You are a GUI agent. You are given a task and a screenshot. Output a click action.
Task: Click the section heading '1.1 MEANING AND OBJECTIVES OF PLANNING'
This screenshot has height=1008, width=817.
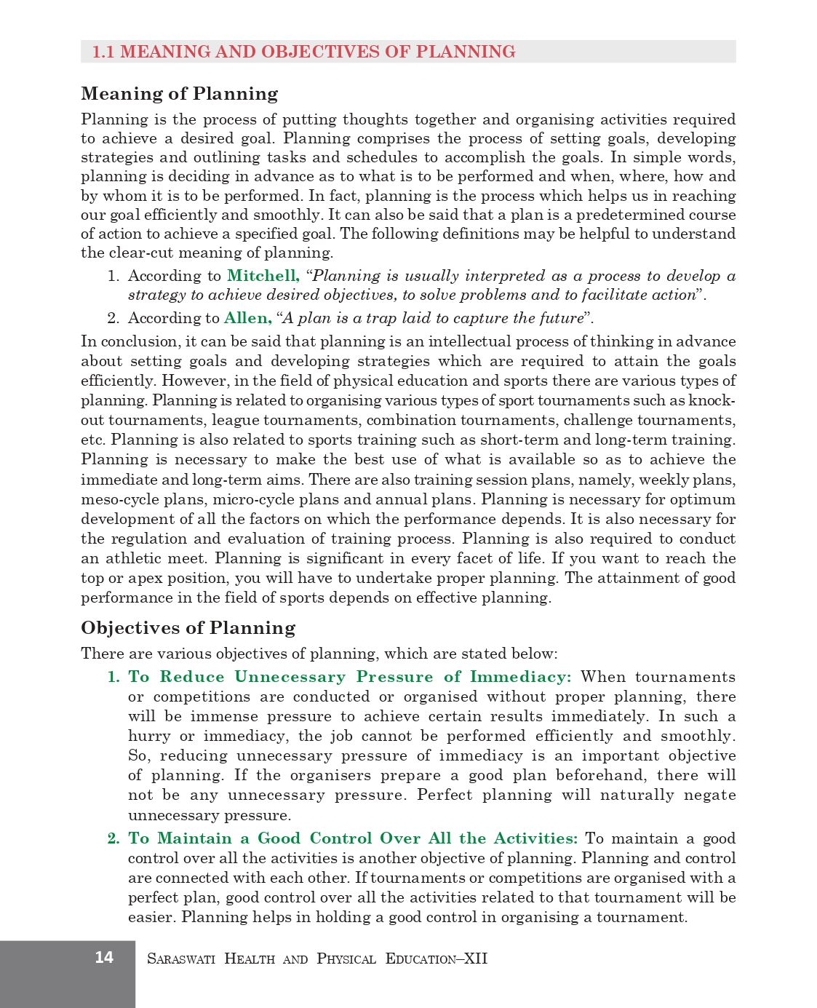(303, 52)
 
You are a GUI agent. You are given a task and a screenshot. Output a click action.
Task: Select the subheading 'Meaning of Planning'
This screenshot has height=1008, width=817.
(180, 94)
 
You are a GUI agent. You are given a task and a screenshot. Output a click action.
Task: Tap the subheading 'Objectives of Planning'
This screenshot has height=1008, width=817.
(188, 628)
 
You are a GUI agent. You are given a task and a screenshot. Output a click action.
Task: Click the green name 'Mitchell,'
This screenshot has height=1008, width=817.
(263, 276)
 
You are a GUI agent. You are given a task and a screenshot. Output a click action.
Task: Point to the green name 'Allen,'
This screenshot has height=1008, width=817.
(247, 318)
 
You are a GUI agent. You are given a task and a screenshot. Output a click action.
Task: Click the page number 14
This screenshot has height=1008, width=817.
(104, 957)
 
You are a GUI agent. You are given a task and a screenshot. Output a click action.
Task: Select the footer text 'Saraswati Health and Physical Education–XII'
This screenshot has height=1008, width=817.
(317, 959)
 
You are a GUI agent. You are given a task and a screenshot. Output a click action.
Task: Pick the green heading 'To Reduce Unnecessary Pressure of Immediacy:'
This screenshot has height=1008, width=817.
(350, 677)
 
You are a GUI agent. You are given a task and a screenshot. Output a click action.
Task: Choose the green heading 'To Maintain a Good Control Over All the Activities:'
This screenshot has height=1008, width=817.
(353, 838)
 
